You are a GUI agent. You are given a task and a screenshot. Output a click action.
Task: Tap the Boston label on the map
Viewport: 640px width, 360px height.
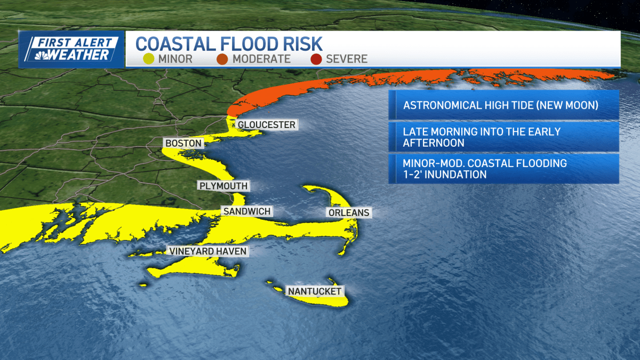(x=183, y=143)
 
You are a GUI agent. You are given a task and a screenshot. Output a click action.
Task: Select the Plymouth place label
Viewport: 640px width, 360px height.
(x=223, y=186)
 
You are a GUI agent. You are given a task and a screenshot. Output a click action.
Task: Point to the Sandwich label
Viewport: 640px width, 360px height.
(x=247, y=212)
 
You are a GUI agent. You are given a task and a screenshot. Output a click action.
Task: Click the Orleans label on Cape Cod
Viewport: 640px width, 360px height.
(x=348, y=213)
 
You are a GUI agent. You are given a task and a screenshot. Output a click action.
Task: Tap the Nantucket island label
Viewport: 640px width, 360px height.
(x=315, y=291)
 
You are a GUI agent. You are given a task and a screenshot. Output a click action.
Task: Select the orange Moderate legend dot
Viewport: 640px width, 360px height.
(x=222, y=59)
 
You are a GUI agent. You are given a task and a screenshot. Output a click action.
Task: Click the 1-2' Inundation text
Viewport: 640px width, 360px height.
(x=445, y=175)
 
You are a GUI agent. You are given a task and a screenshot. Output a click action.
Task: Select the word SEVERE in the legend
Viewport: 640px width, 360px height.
(x=347, y=59)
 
